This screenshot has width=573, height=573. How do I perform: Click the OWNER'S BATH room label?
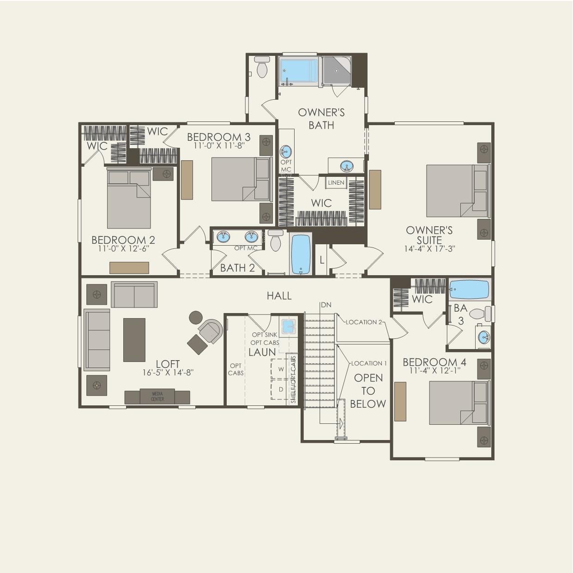pos(321,119)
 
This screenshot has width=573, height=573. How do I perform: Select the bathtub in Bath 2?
pos(301,254)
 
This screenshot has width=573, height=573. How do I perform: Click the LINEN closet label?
pos(336,183)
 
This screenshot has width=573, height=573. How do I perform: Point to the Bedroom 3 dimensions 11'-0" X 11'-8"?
pos(219,145)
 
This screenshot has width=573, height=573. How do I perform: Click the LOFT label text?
pos(168,364)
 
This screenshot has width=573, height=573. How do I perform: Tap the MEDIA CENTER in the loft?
pos(157,397)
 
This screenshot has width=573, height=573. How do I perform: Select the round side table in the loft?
pos(196,317)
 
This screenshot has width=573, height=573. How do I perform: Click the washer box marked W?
pos(281,369)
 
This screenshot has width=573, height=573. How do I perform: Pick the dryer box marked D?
pos(281,390)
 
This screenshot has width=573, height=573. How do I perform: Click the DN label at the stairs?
pos(326,305)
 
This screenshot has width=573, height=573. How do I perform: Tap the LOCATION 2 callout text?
pos(364,322)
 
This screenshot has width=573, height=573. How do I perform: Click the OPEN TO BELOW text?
pos(368,391)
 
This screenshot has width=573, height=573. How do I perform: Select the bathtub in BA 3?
pos(469,290)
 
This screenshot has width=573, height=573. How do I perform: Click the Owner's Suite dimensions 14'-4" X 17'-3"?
pos(429,249)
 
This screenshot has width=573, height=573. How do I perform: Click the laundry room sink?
pos(289,326)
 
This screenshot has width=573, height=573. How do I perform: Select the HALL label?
pos(279,296)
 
